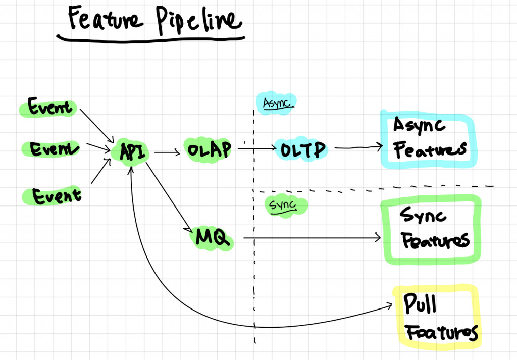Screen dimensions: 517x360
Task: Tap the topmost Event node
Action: [49, 107]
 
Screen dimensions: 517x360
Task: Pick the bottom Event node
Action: [56, 195]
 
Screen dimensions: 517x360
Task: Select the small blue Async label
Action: [276, 103]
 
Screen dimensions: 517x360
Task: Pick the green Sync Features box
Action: [431, 230]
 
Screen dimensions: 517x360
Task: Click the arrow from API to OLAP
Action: [167, 152]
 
